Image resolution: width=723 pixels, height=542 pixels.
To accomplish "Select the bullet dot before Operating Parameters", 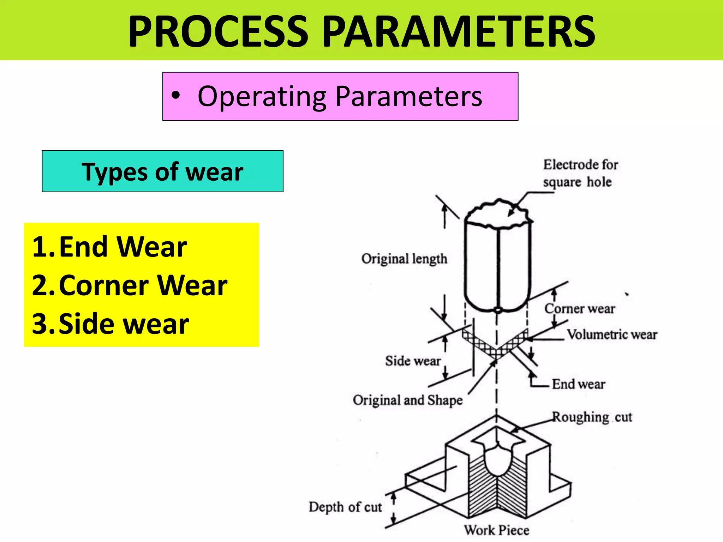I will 175,95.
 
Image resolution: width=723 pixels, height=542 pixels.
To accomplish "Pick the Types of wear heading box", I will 162,171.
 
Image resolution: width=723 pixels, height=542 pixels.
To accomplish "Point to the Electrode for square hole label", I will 580,173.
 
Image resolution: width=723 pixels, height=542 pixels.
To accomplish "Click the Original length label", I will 404,259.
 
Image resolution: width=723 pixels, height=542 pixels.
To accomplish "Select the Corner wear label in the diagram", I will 580,309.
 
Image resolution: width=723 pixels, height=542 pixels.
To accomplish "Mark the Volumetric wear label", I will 612,335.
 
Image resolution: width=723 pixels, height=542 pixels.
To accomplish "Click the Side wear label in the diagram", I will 413,361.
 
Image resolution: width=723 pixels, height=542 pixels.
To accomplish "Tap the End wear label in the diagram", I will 579,384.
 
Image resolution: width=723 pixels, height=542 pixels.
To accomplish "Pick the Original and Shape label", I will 408,400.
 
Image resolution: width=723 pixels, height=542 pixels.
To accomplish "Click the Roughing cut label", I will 592,417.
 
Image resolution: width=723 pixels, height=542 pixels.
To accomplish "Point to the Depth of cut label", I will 345,507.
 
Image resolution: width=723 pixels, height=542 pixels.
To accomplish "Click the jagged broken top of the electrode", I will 498,213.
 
